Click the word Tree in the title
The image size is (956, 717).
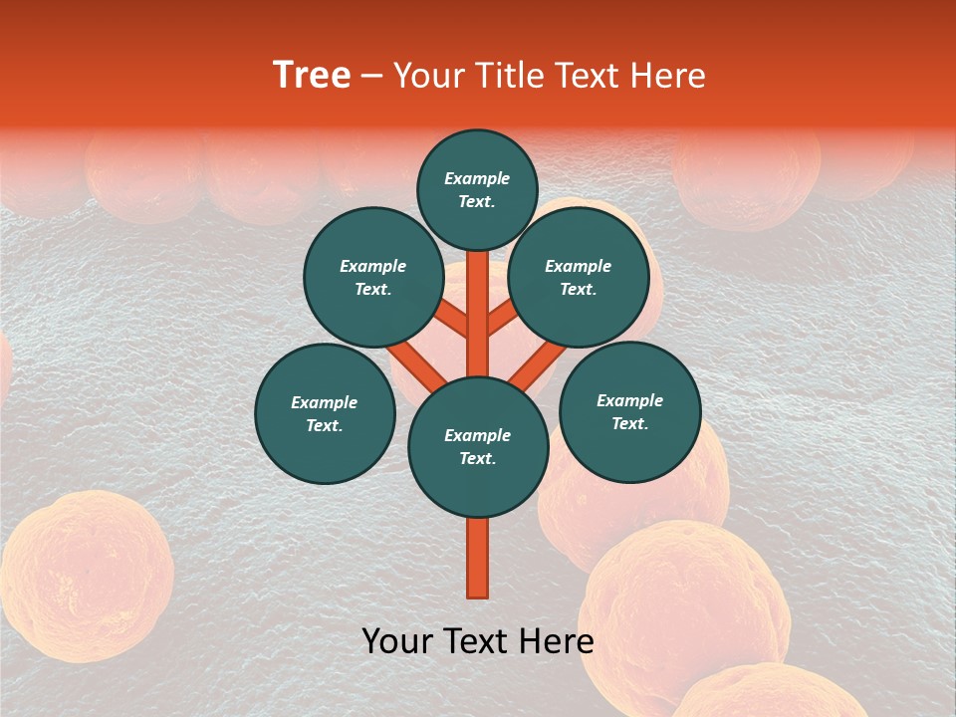coord(312,76)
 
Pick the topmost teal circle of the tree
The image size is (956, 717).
coord(477,189)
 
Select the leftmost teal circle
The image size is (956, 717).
coord(325,413)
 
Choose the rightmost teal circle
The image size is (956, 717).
coord(629,411)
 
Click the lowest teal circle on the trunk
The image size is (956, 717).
coord(478,447)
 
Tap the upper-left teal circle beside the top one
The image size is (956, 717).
coord(372,277)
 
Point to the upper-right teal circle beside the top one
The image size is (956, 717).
coord(578,277)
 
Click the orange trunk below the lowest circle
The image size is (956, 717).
coord(478,558)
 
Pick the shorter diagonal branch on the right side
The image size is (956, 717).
coord(502,319)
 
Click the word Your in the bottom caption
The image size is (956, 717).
coord(396,641)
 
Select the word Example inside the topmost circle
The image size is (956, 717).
coord(477,178)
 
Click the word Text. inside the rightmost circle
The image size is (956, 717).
coord(629,423)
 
